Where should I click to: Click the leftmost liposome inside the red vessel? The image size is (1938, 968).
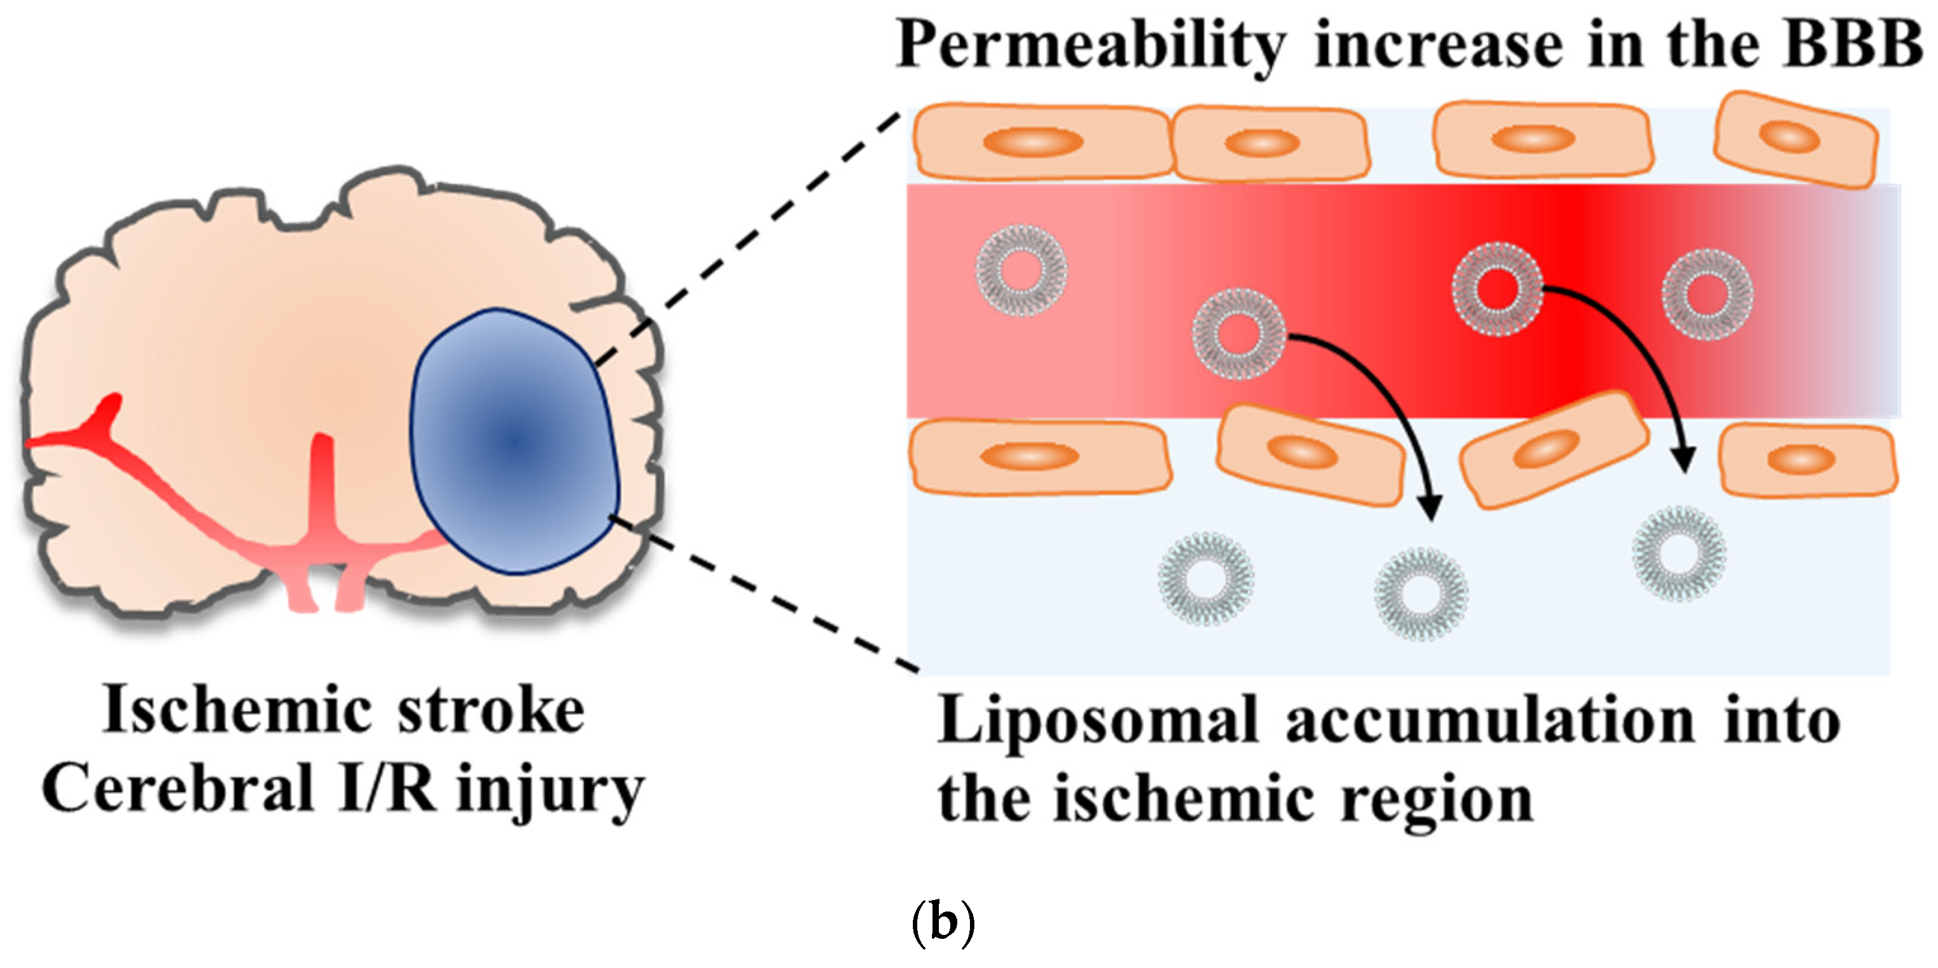click(x=1021, y=270)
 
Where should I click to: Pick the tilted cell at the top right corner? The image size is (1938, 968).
click(x=1795, y=139)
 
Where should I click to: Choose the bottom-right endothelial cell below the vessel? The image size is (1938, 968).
click(x=1808, y=459)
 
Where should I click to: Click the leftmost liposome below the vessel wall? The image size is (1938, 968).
click(x=1205, y=578)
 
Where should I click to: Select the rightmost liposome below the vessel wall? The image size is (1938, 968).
click(x=1678, y=554)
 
